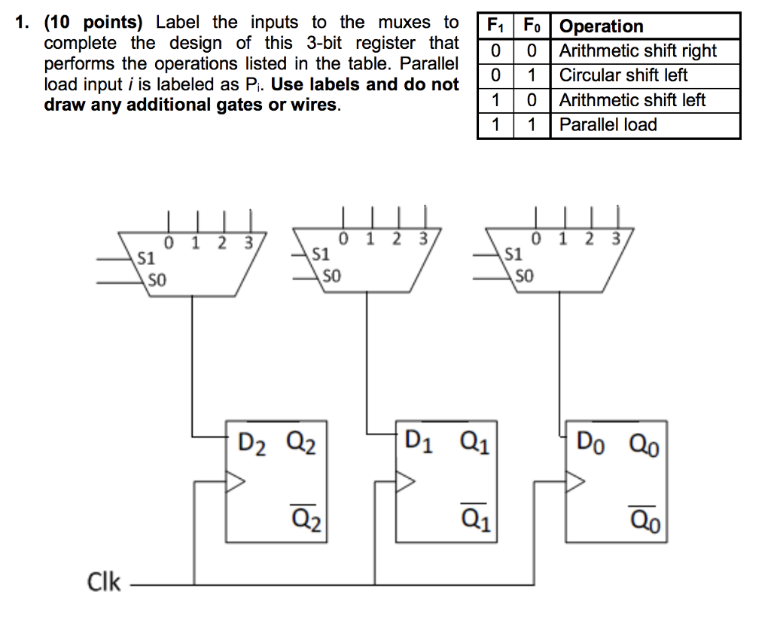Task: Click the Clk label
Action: pyautogui.click(x=104, y=582)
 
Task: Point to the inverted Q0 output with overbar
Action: pyautogui.click(x=645, y=518)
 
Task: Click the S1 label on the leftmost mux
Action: pyautogui.click(x=145, y=258)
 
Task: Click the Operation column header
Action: pyautogui.click(x=602, y=26)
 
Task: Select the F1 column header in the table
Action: pyautogui.click(x=495, y=26)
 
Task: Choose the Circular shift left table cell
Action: pyautogui.click(x=623, y=75)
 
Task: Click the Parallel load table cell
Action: pyautogui.click(x=608, y=125)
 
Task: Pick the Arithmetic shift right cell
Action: pyautogui.click(x=638, y=51)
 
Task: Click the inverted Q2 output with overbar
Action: pyautogui.click(x=306, y=518)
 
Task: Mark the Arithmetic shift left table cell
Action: pyautogui.click(x=632, y=100)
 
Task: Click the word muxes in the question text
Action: pyautogui.click(x=404, y=23)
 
